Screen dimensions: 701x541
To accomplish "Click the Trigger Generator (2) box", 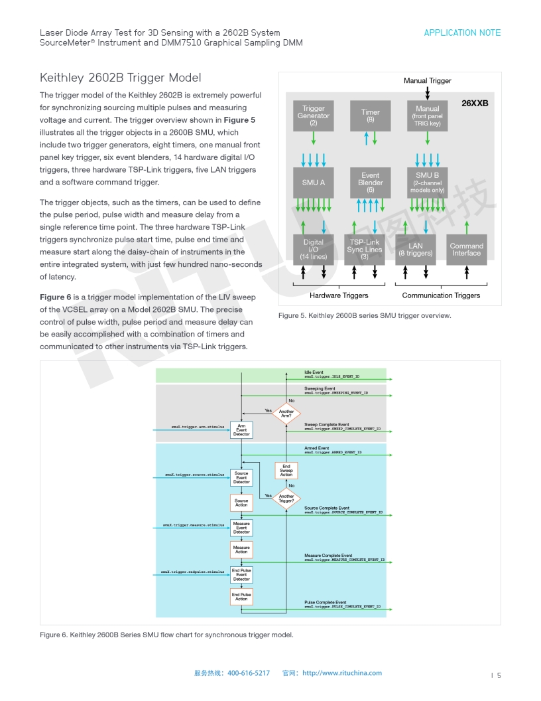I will click(314, 116).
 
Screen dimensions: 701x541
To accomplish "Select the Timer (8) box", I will click(371, 116).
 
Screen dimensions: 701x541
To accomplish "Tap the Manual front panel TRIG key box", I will click(427, 116).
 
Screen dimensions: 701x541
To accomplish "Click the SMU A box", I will click(314, 183).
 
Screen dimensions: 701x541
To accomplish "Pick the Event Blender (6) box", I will click(371, 183).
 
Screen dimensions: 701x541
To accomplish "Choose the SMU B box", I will click(427, 183).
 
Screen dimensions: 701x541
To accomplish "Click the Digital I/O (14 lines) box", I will click(314, 250).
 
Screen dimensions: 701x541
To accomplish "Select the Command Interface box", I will click(467, 250).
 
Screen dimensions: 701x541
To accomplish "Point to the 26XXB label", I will click(475, 104).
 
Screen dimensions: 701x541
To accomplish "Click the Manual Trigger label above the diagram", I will click(427, 81).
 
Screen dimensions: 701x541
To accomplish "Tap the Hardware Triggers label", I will click(339, 295).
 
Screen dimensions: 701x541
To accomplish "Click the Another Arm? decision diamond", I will click(286, 414).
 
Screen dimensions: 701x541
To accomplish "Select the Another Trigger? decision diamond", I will click(286, 498).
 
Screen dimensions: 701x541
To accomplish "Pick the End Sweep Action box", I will click(286, 471).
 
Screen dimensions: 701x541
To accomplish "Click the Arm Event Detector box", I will click(241, 430).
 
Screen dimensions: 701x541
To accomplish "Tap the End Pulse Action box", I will click(241, 597).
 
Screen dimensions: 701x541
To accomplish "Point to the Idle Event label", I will click(314, 372).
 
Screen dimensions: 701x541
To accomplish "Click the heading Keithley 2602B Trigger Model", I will click(121, 78).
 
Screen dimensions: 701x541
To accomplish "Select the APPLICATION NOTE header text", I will click(462, 33).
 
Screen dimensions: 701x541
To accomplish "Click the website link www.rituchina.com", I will click(342, 673).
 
